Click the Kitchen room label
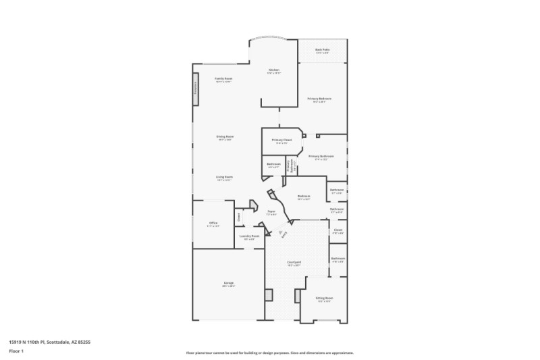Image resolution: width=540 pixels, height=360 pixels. pos(273,70)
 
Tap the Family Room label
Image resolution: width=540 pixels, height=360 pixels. pos(223,79)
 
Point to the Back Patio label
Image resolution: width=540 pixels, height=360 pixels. pos(322,50)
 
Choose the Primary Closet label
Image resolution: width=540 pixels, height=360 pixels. pos(281,140)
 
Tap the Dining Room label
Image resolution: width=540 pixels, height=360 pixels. pos(225,136)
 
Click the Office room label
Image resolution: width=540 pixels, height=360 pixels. pos(213,222)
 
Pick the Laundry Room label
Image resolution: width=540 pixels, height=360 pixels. pos(250,236)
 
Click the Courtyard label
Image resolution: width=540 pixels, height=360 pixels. pos(294,261)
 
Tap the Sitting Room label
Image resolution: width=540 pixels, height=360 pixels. pos(324,297)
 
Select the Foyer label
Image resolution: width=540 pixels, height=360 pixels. pos(271,212)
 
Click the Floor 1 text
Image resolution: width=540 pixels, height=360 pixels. pos(16,351)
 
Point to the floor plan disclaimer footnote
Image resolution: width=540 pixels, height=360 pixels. pos(269,353)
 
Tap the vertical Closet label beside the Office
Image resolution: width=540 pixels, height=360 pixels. pos(238,217)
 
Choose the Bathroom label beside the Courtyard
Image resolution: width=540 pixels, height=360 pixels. pos(337,259)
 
